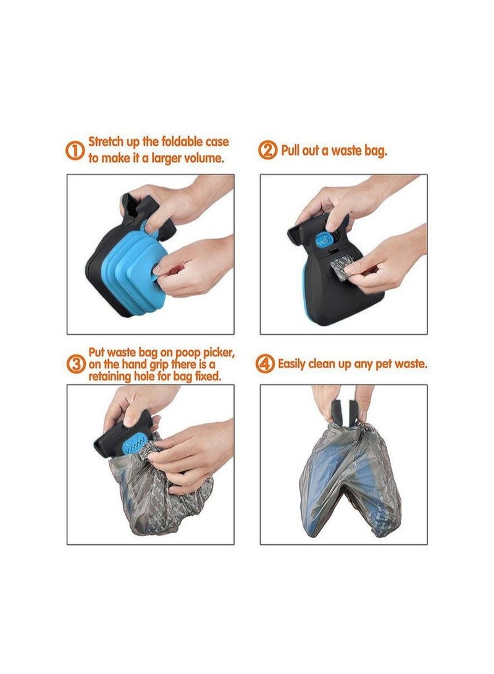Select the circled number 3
pyautogui.click(x=75, y=364)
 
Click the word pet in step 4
pyautogui.click(x=382, y=364)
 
